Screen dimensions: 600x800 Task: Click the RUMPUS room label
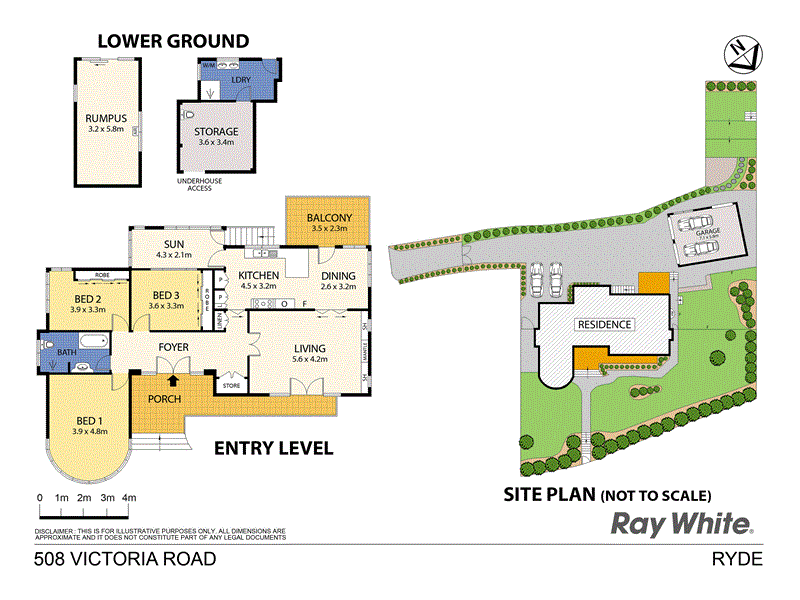click(106, 117)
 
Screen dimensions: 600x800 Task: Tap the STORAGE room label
click(216, 131)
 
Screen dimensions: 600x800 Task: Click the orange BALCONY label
click(328, 216)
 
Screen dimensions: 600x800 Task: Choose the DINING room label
click(338, 277)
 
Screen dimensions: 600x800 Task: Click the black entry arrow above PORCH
click(174, 380)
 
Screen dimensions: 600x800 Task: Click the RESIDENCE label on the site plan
click(604, 325)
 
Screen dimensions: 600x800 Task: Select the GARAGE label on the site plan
click(709, 230)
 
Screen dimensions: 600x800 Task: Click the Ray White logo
click(682, 523)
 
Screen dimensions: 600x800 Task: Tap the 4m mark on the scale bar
click(129, 497)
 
